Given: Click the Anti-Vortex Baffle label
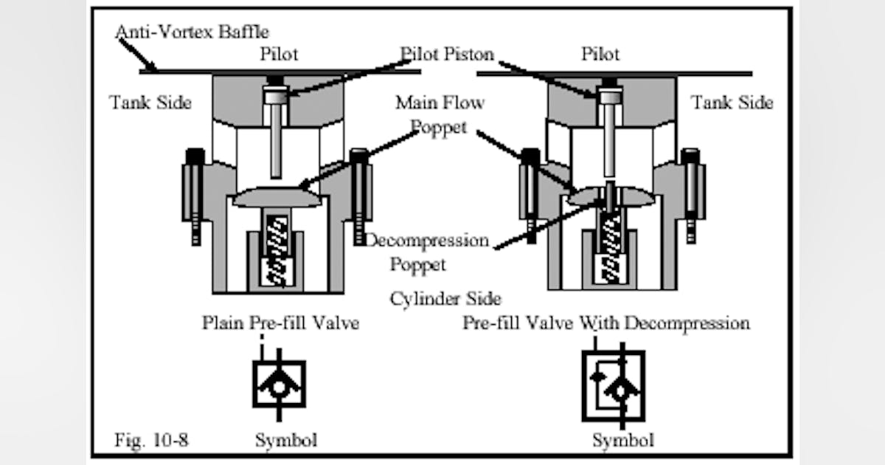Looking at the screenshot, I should pyautogui.click(x=192, y=32).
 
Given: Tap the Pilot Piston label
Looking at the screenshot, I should pyautogui.click(x=447, y=55).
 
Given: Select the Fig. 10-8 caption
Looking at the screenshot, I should pyautogui.click(x=151, y=440).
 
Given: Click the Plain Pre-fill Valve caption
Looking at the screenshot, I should pyautogui.click(x=281, y=323).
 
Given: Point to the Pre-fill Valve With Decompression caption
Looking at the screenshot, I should pyautogui.click(x=605, y=323).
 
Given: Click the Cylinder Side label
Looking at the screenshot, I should pyautogui.click(x=445, y=298).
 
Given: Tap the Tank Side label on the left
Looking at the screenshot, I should pyautogui.click(x=150, y=103).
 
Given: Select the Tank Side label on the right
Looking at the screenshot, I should pyautogui.click(x=732, y=103).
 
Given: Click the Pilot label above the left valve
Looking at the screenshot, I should pyautogui.click(x=279, y=55).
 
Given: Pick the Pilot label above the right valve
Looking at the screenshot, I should pyautogui.click(x=600, y=55).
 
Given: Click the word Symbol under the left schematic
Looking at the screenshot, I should pyautogui.click(x=286, y=440).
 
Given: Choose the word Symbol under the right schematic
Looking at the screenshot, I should pyautogui.click(x=622, y=440).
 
